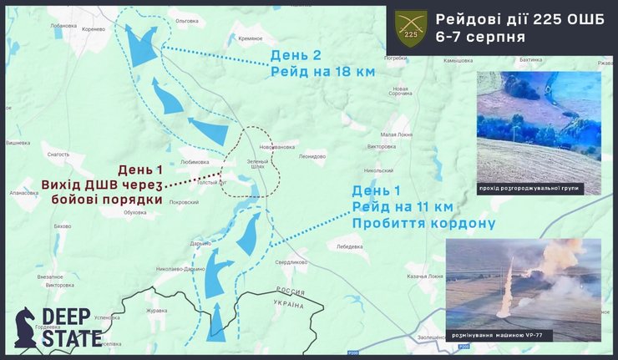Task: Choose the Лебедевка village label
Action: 348,247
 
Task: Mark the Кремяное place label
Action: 251,38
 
